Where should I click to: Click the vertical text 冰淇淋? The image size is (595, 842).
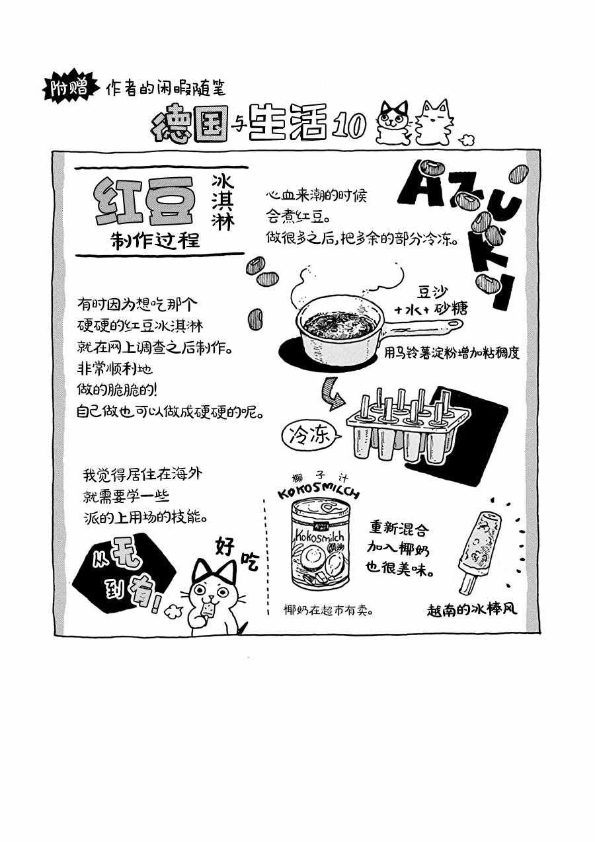point(223,202)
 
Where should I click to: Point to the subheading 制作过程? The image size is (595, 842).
point(155,240)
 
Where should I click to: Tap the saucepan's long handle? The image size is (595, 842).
point(423,326)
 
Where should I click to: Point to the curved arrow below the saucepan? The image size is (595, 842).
point(331,394)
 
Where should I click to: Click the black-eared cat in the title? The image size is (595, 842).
point(393,122)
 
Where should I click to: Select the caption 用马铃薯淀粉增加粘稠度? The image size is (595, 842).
point(452,353)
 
